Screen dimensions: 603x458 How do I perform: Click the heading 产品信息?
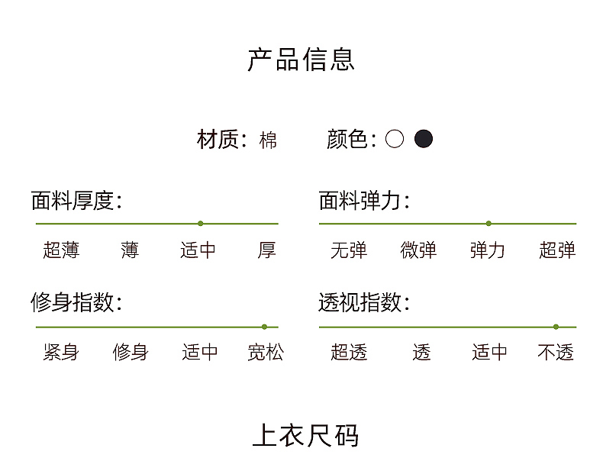tap(301, 60)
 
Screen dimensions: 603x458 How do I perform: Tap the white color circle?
tap(395, 139)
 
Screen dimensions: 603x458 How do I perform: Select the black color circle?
tap(424, 139)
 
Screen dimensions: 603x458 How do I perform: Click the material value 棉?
tap(268, 140)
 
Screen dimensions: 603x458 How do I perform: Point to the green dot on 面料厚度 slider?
tap(200, 224)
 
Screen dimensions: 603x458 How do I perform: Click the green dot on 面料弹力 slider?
tap(489, 224)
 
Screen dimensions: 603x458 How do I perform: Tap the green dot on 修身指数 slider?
tap(264, 327)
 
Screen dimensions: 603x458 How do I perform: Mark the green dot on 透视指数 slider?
tap(556, 327)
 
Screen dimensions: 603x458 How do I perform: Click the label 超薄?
tap(61, 250)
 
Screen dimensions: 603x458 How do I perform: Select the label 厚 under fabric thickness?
tap(266, 250)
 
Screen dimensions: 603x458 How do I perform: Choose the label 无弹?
tap(349, 250)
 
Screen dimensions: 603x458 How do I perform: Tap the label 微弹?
tap(418, 250)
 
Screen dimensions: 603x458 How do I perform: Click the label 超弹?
tap(557, 250)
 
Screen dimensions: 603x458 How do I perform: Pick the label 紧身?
tap(61, 352)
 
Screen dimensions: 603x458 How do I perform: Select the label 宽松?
tap(266, 352)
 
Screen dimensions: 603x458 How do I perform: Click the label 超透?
tap(349, 352)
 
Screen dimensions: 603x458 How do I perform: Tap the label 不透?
tap(556, 352)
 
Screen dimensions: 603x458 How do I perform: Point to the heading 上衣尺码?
tap(305, 436)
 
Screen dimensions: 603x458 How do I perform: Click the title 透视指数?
tap(364, 302)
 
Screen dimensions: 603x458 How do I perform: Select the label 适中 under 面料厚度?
tap(198, 250)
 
